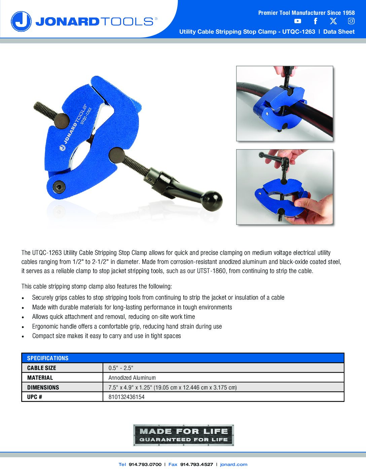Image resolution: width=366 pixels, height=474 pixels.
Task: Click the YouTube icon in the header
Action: tap(298, 21)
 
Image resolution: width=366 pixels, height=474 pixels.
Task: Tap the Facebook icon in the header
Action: tap(316, 21)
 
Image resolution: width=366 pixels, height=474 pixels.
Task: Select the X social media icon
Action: tap(333, 21)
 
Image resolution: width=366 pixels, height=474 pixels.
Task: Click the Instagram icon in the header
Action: tap(351, 21)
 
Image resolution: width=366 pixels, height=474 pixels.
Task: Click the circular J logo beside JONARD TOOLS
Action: tap(21, 21)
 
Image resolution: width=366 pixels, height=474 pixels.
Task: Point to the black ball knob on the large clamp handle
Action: tap(213, 201)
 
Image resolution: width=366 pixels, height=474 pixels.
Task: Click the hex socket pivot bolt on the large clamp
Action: tap(59, 187)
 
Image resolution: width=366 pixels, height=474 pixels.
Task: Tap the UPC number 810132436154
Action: tap(126, 397)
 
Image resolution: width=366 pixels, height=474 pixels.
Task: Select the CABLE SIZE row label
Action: tap(42, 368)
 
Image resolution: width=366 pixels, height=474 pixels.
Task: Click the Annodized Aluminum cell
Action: tap(132, 378)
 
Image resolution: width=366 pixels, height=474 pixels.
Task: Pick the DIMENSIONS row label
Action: tap(43, 387)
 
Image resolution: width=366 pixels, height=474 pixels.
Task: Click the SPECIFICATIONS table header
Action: tap(48, 358)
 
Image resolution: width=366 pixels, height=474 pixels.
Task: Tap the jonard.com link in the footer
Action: tap(234, 464)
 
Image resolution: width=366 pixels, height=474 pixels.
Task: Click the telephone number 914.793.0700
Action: tap(145, 464)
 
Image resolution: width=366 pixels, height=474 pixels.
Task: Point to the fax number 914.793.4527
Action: tap(197, 464)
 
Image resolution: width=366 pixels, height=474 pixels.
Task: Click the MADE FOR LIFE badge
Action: tap(184, 435)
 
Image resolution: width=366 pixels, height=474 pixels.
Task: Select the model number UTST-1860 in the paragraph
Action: tap(211, 271)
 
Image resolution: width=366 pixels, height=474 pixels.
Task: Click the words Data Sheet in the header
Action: tap(339, 32)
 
